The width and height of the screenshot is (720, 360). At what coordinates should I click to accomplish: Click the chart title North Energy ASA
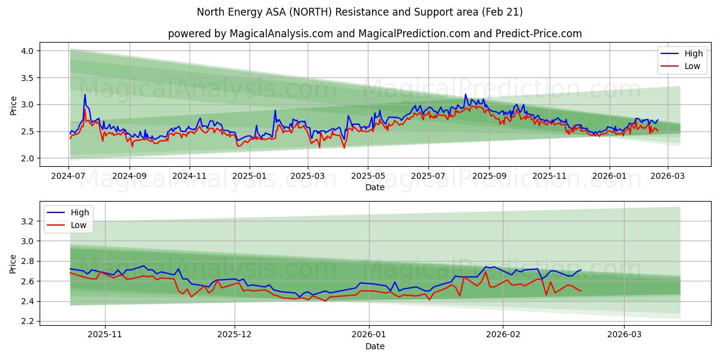pos(359,12)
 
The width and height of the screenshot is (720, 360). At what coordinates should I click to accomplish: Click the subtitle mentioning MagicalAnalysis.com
pos(374,34)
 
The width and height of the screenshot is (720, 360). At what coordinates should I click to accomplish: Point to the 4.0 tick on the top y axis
pos(26,51)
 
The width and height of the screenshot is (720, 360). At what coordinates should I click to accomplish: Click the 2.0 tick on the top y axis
pos(26,158)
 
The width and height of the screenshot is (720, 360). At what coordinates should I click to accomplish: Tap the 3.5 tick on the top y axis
pos(26,78)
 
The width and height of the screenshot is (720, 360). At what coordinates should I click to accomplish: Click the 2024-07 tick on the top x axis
pos(69,176)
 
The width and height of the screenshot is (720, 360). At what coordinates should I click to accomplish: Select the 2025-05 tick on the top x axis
pos(368,176)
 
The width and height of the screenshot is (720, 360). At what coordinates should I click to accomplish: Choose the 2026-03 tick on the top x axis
pos(667,176)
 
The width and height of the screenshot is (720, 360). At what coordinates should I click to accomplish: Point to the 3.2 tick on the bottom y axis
pos(26,221)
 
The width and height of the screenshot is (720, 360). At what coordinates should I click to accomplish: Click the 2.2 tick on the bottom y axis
pos(26,321)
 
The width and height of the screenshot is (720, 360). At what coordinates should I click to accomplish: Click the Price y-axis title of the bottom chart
pos(13,264)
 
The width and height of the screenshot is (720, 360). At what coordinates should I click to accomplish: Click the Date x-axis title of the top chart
pos(374,188)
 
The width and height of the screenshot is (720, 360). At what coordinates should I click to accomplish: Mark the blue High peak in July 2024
pos(85,94)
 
